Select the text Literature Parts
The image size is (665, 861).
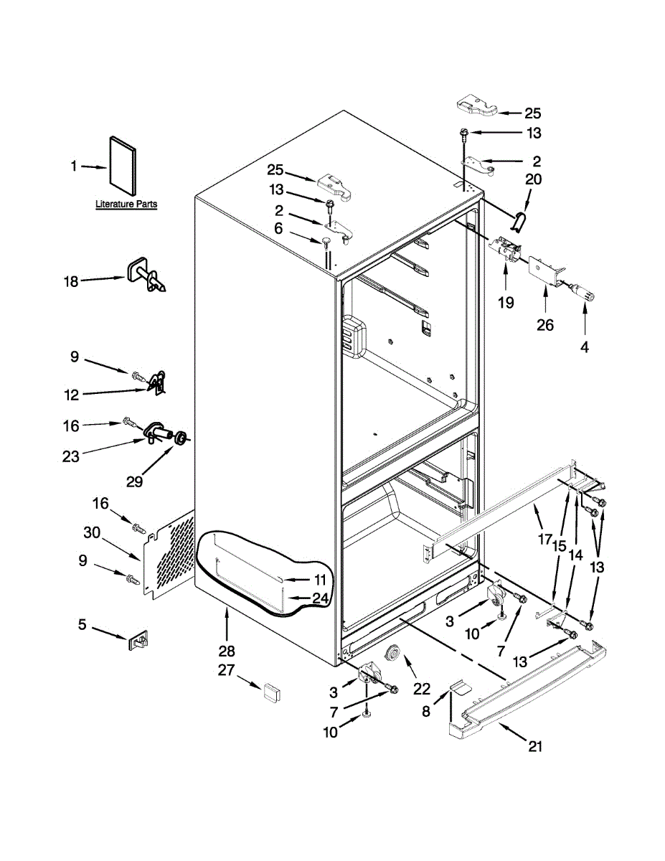[126, 204]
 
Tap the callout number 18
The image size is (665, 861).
[70, 281]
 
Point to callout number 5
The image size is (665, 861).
[82, 625]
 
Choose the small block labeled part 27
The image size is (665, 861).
[270, 691]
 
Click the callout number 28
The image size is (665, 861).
[227, 651]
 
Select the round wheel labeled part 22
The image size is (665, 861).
[394, 655]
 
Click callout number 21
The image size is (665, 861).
[535, 747]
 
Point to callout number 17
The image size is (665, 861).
[545, 538]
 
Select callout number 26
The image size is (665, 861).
[545, 325]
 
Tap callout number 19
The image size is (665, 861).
[506, 302]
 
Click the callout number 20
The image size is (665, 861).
[533, 179]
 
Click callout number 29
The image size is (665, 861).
[135, 481]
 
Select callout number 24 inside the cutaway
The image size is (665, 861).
[321, 598]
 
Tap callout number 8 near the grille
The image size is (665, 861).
[426, 712]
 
